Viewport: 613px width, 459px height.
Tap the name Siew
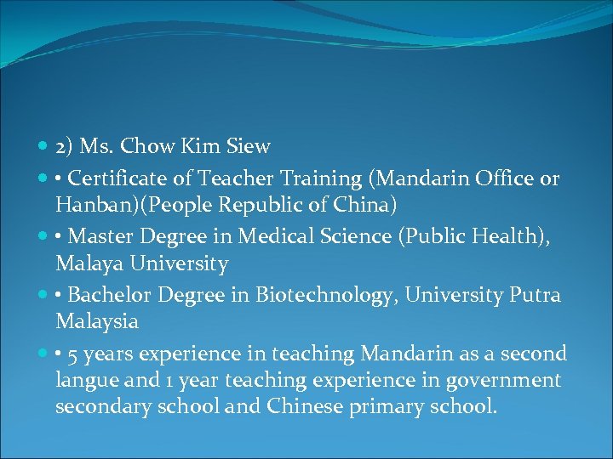click(249, 146)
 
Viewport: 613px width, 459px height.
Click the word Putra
click(536, 295)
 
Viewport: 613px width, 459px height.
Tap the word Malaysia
click(97, 322)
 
